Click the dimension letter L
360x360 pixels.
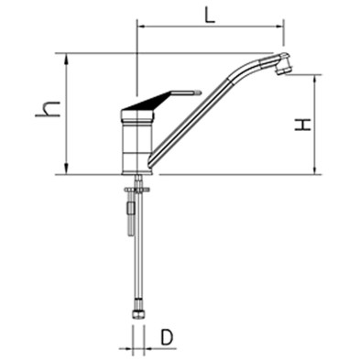point(209,14)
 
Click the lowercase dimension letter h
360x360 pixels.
point(48,109)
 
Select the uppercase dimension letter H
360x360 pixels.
point(302,125)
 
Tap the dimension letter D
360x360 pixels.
point(167,337)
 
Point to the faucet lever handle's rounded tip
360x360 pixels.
point(199,92)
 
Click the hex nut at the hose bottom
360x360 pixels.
point(137,314)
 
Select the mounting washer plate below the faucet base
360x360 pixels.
point(137,191)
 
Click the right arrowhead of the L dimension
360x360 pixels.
point(280,27)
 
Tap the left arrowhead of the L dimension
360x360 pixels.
point(142,27)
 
